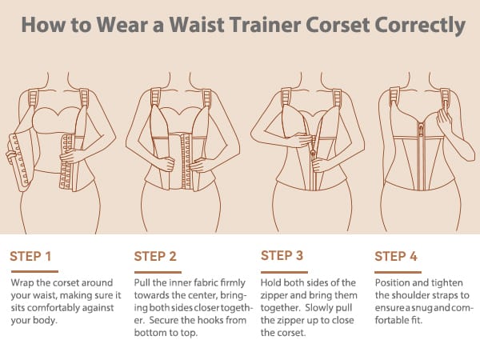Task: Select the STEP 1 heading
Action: coord(30,257)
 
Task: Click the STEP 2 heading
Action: coord(155,257)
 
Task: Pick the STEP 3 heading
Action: coord(282,255)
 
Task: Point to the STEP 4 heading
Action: coord(396,257)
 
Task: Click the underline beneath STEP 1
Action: coord(34,271)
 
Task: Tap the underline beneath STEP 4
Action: coord(398,272)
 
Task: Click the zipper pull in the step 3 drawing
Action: coord(313,152)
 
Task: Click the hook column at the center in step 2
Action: coord(186,162)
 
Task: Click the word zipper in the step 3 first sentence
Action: coord(274,296)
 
